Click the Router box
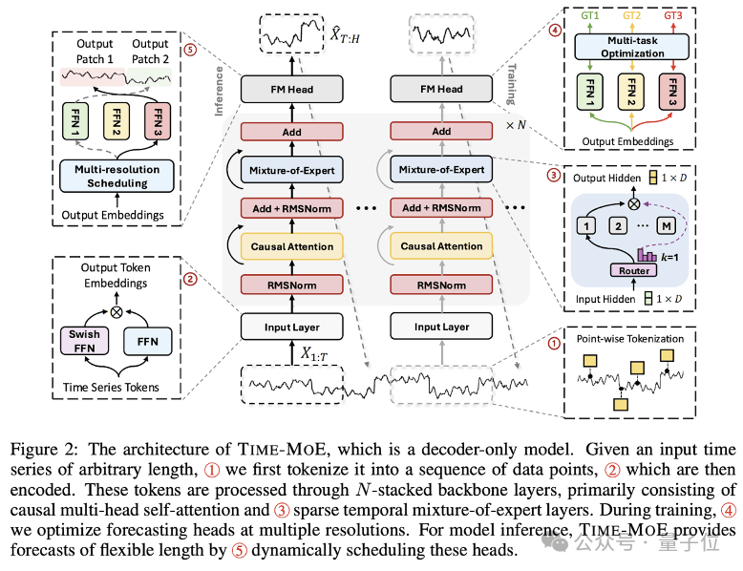(x=633, y=270)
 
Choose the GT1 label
(x=584, y=15)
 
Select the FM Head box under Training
(x=441, y=90)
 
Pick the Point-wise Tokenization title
(x=630, y=338)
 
